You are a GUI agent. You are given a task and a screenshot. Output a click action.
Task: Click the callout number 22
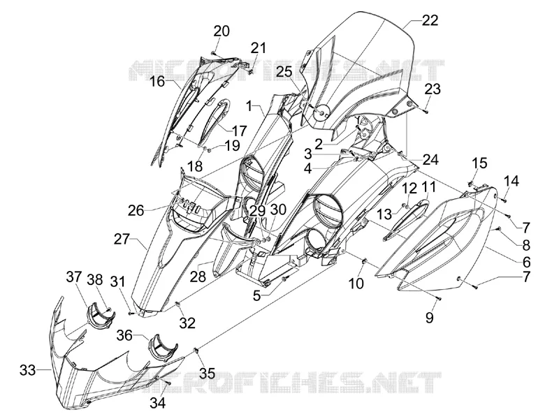pos(430,20)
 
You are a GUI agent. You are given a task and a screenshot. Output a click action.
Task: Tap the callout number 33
pos(28,370)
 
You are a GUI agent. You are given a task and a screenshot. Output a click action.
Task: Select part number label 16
pos(157,82)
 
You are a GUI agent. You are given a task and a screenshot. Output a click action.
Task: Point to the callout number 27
pos(122,239)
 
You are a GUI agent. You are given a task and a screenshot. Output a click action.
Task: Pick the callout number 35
pos(207,373)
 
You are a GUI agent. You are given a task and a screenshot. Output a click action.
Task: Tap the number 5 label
pos(257,295)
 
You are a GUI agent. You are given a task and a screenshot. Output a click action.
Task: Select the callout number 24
pos(430,159)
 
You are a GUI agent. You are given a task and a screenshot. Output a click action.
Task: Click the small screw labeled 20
pos(213,52)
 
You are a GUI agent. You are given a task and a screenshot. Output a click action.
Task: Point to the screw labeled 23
pos(426,112)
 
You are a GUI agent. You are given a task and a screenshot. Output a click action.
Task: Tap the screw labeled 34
pos(168,382)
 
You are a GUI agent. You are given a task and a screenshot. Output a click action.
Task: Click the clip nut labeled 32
pos(178,304)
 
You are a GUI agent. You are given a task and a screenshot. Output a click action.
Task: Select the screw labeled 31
pos(131,313)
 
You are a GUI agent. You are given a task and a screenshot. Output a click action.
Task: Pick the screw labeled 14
pos(504,200)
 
